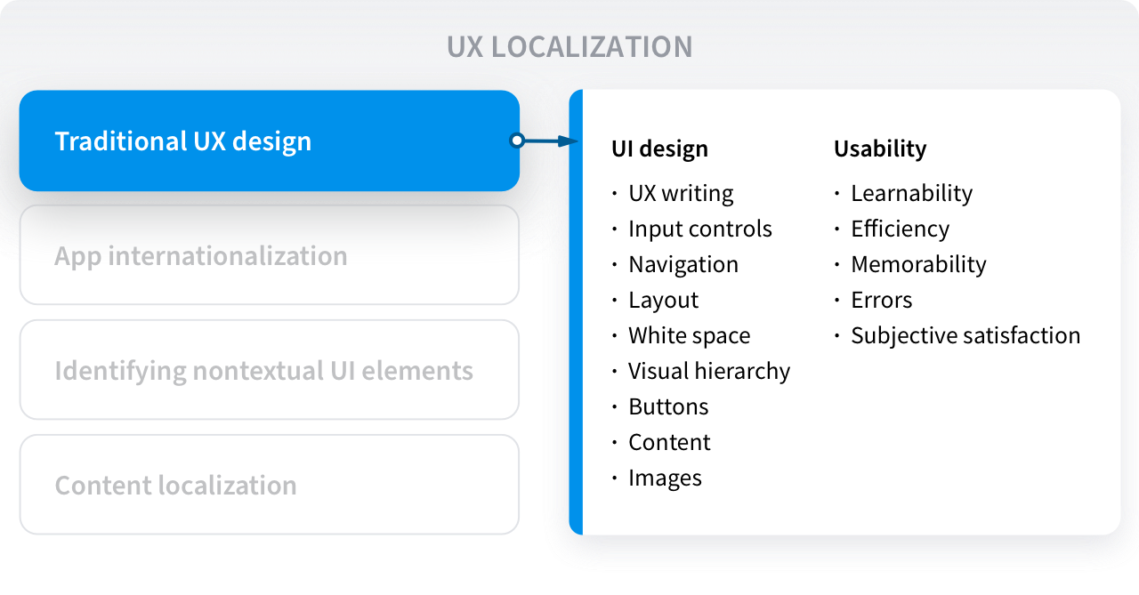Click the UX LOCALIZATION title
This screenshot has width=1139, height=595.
(x=569, y=47)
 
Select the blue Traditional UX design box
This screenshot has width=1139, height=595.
(x=270, y=141)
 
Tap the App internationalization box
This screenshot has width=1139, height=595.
(x=270, y=255)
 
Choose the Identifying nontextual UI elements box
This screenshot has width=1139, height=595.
(x=270, y=369)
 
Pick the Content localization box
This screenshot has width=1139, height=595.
(x=270, y=484)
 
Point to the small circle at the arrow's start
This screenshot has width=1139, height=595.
(x=517, y=141)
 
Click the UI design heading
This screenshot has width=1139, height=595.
(x=659, y=149)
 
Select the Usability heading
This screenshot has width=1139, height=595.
(x=880, y=149)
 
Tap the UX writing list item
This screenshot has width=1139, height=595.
(x=681, y=194)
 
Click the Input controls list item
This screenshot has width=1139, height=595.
(x=700, y=229)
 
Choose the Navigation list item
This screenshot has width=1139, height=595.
(x=683, y=265)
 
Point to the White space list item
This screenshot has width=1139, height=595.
(x=689, y=336)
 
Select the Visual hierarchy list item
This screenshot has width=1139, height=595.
(x=709, y=372)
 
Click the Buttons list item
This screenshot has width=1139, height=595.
(x=668, y=407)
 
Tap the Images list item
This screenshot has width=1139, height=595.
(x=665, y=478)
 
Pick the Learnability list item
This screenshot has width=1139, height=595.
(x=912, y=194)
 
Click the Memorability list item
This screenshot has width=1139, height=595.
(x=918, y=265)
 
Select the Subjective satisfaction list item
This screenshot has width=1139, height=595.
(x=965, y=336)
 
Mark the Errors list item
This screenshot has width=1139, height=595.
(x=882, y=301)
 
